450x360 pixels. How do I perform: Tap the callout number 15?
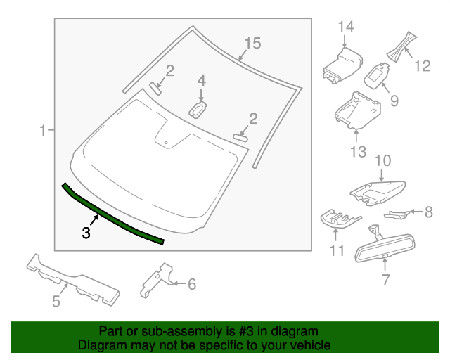click(252, 44)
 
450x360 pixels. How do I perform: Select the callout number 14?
click(345, 27)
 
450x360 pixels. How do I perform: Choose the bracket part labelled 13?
click(357, 110)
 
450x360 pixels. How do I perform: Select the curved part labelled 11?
click(340, 218)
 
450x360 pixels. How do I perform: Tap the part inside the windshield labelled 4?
click(200, 108)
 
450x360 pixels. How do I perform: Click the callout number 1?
click(43, 130)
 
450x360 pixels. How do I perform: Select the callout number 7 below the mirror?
click(385, 281)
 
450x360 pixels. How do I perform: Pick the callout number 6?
click(191, 284)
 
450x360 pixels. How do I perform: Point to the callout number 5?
click(56, 302)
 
